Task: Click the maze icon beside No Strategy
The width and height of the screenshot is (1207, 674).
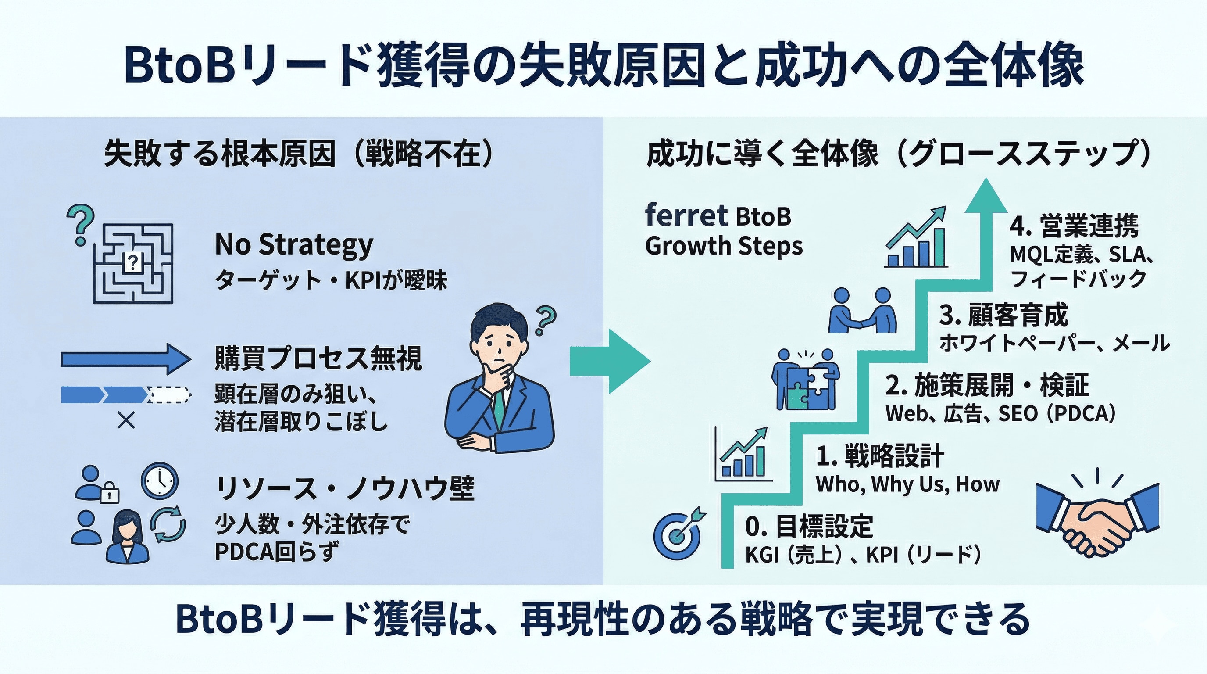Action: click(133, 263)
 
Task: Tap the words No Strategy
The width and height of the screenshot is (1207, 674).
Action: click(294, 245)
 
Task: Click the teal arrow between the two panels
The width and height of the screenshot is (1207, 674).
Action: click(610, 361)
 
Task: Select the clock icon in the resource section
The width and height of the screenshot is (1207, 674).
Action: click(160, 480)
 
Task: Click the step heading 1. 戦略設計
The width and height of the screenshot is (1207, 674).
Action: click(880, 455)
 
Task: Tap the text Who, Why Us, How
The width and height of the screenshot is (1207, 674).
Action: click(907, 484)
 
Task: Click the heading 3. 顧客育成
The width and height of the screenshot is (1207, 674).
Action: click(1003, 315)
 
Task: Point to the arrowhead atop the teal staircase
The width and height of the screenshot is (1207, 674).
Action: click(986, 197)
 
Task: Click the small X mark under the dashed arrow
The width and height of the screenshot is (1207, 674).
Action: click(126, 420)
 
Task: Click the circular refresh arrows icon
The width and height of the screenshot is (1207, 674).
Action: click(168, 524)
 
